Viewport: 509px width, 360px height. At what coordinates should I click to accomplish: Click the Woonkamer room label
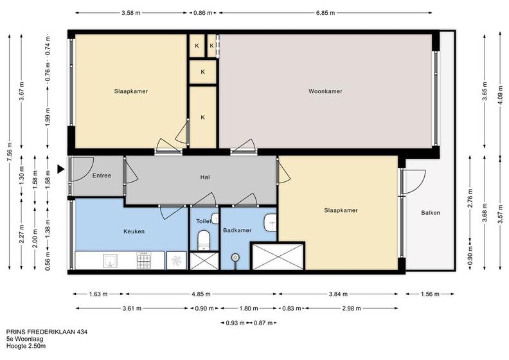[x=325, y=91]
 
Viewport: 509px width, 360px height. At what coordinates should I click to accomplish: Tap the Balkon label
[x=431, y=213]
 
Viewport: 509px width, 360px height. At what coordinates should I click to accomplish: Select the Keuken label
[x=134, y=231]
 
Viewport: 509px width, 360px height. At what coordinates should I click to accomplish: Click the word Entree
[x=102, y=175]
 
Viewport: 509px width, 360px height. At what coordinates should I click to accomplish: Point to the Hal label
[x=205, y=177]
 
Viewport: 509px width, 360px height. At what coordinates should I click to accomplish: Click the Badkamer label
[x=237, y=230]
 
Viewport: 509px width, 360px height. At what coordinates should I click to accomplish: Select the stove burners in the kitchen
[x=144, y=260]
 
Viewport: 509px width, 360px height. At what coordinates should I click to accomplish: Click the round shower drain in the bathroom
[x=236, y=258]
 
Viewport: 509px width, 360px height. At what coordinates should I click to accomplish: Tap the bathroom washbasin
[x=270, y=222]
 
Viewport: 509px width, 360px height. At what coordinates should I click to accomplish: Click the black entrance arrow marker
[x=60, y=169]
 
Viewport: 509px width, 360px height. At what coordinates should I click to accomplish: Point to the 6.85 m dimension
[x=325, y=13]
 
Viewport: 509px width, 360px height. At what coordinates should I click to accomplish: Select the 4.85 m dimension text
[x=201, y=294]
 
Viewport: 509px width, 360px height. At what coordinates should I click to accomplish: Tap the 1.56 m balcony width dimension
[x=430, y=294]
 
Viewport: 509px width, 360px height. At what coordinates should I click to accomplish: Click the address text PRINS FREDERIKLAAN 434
[x=47, y=332]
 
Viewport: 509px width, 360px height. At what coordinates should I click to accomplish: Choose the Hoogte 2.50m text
[x=26, y=346]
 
